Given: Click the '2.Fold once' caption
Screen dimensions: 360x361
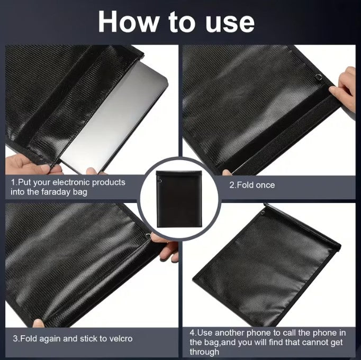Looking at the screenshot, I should click(251, 186).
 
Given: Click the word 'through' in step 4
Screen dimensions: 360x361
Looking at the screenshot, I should click(204, 352).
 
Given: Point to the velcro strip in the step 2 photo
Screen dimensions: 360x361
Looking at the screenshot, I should click(286, 135).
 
